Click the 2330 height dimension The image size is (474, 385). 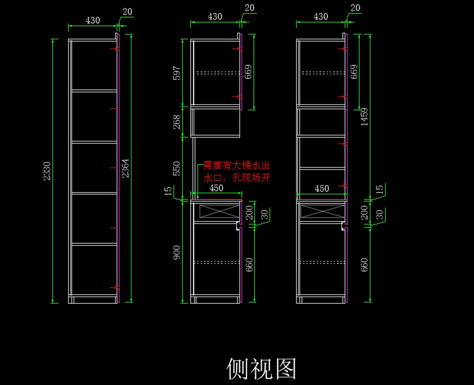47,171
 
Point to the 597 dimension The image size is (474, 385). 177,73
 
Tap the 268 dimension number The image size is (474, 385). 177,122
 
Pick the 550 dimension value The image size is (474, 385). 177,168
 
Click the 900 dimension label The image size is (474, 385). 177,253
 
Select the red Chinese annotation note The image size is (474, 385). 237,171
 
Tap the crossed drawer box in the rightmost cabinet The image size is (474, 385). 322,211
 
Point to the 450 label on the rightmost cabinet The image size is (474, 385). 322,189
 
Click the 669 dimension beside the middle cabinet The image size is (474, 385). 249,72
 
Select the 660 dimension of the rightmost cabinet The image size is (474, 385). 364,264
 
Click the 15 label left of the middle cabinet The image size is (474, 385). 168,191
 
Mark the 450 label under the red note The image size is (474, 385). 216,188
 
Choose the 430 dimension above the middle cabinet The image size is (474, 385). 215,17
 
